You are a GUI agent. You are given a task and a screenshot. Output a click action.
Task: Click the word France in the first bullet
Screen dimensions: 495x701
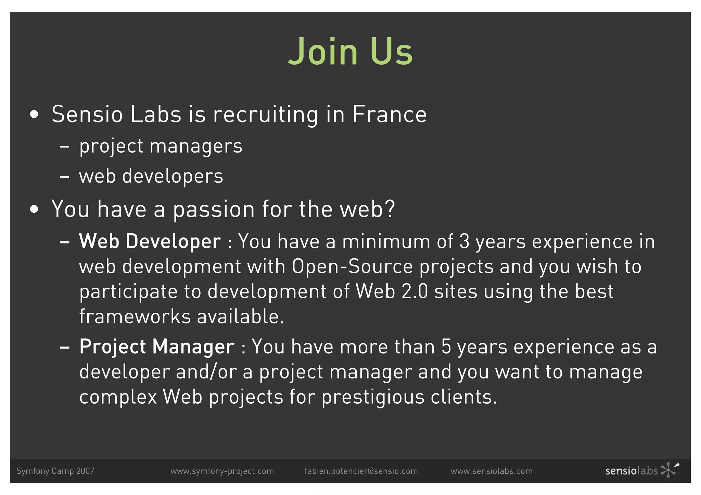[389, 114]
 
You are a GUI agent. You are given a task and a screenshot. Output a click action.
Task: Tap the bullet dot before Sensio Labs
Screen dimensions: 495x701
[34, 115]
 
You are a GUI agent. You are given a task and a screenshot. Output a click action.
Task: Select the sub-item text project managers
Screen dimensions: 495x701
[161, 146]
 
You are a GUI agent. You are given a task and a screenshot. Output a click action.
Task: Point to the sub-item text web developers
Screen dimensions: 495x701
[151, 176]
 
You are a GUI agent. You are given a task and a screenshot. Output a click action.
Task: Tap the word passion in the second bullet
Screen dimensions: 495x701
[214, 209]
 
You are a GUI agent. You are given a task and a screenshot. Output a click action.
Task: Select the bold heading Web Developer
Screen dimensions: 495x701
[150, 242]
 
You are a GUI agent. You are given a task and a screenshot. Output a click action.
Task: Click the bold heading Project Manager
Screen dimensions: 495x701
[157, 347]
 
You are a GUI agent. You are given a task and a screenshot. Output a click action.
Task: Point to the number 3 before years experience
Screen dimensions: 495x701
[464, 242]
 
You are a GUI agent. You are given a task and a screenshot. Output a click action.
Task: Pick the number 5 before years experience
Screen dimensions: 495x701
[446, 347]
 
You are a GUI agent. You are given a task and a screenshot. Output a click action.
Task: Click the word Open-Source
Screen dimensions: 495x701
[352, 266]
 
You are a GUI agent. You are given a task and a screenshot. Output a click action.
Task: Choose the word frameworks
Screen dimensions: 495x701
[135, 316]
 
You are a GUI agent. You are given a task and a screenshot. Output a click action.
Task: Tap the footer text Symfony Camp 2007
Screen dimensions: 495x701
[55, 471]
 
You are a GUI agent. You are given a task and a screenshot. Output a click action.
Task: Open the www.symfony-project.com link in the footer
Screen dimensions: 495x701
[222, 471]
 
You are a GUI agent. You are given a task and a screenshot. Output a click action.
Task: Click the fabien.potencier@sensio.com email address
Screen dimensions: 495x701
[361, 471]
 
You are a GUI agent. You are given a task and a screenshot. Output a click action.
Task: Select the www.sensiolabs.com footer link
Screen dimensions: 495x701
[491, 471]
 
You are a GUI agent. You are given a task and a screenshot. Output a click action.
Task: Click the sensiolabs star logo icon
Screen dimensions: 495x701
[669, 470]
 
